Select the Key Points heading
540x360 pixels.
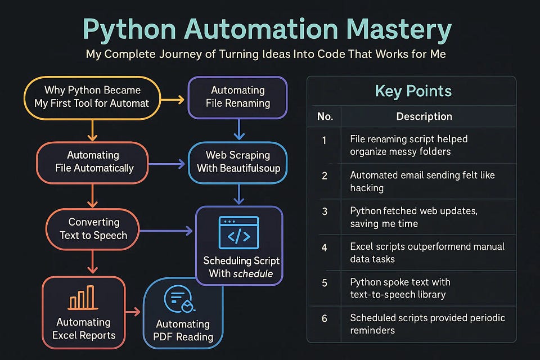(413, 91)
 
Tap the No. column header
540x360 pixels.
(325, 116)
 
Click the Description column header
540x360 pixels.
(424, 116)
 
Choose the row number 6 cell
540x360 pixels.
(325, 319)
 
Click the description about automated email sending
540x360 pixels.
(422, 182)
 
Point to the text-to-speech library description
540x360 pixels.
(400, 288)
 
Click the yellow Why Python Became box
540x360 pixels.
(92, 97)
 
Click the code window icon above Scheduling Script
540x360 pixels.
(238, 232)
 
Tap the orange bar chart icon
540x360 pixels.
(83, 299)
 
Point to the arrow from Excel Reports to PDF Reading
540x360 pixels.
(133, 312)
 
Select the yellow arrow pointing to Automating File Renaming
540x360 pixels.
(172, 100)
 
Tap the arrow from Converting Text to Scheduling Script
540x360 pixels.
(165, 231)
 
